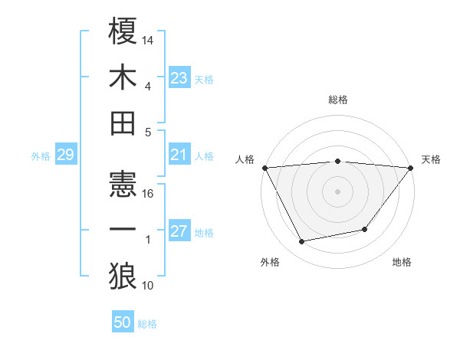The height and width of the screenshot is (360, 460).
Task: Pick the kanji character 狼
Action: tap(123, 275)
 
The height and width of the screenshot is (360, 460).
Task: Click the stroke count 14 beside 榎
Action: tap(149, 39)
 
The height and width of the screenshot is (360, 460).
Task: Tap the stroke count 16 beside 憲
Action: tap(149, 193)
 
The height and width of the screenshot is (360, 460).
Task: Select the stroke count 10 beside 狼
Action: tap(149, 286)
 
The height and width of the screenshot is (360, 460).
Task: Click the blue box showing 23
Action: tap(179, 77)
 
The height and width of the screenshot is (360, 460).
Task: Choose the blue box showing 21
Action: tap(179, 155)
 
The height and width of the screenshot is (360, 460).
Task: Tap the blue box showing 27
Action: tap(179, 232)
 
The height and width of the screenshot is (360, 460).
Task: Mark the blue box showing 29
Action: tap(65, 155)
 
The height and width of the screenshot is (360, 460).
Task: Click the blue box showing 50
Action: tap(123, 322)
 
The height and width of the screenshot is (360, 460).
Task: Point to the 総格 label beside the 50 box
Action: tap(147, 324)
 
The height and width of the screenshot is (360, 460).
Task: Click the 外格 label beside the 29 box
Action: tap(41, 156)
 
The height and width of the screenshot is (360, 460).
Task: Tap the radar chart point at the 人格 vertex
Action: tap(264, 168)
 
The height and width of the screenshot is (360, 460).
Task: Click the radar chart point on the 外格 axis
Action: tap(302, 242)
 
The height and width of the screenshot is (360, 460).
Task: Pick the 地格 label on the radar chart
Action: tap(402, 263)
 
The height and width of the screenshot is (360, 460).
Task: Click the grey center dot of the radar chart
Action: tap(337, 191)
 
